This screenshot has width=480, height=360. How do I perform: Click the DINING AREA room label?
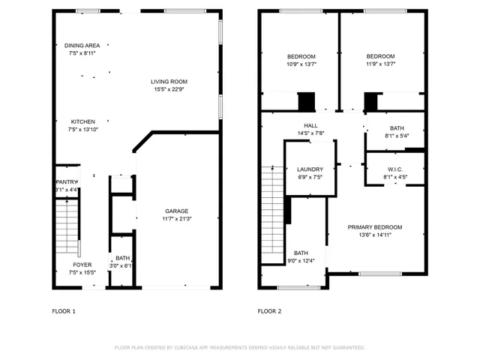82,46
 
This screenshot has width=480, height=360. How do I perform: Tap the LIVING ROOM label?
169,82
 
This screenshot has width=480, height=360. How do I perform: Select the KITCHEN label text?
82,121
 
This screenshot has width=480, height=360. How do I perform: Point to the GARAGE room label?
177,211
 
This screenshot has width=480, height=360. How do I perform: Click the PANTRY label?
67,181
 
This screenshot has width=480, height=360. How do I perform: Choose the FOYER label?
82,265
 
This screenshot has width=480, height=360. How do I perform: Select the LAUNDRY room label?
310,169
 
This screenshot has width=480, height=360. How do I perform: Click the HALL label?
310,125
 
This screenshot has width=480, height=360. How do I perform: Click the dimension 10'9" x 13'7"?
301,64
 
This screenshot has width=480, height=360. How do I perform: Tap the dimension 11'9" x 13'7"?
380,64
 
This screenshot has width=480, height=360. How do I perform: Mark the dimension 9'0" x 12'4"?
301,261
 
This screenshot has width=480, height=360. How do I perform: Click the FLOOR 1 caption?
64,310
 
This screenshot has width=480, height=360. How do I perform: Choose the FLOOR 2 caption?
269,310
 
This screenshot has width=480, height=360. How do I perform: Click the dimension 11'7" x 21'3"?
177,219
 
